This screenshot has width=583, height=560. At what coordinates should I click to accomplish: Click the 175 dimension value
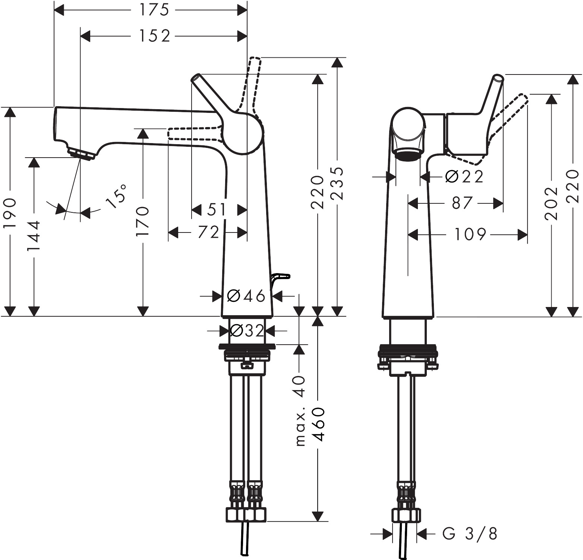pyautogui.click(x=154, y=10)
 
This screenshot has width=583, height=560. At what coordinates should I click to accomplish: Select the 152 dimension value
pyautogui.click(x=154, y=36)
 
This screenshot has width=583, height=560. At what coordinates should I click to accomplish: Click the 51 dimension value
pyautogui.click(x=216, y=210)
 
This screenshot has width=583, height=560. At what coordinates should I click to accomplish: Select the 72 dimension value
pyautogui.click(x=208, y=233)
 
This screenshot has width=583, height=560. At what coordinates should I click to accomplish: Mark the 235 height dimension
pyautogui.click(x=337, y=183)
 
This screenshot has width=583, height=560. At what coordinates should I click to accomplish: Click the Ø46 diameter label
pyautogui.click(x=246, y=296)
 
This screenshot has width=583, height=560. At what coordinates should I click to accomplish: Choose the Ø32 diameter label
pyautogui.click(x=247, y=330)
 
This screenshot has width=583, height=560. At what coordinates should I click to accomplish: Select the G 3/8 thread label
pyautogui.click(x=470, y=534)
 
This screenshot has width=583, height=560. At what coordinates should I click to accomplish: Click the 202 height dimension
pyautogui.click(x=551, y=203)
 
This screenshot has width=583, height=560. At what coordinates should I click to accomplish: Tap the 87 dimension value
pyautogui.click(x=462, y=203)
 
